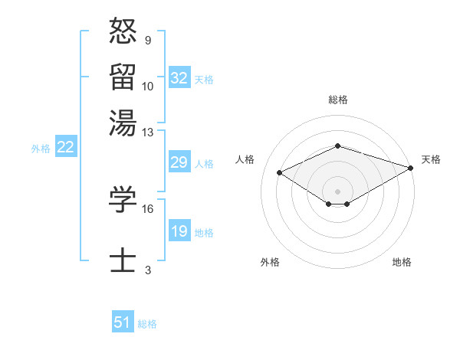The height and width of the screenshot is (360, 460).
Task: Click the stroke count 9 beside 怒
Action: point(147,40)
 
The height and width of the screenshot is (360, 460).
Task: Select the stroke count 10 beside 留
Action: point(148,86)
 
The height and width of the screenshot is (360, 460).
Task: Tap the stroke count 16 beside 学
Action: point(148,208)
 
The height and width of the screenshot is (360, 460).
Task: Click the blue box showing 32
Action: point(179,78)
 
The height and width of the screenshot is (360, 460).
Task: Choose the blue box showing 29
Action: point(179,163)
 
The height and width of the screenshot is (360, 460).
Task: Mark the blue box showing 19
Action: point(179,232)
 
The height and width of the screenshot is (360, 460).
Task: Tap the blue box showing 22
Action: point(65,148)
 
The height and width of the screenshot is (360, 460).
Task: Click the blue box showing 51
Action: point(123,322)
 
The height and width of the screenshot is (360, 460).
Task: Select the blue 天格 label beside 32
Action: point(204,79)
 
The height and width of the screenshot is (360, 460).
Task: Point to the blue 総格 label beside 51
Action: point(147,324)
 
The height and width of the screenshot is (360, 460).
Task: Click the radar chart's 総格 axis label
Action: point(337,100)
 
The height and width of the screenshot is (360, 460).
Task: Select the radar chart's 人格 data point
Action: point(280,173)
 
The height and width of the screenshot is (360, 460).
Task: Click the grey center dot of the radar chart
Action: point(337,190)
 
